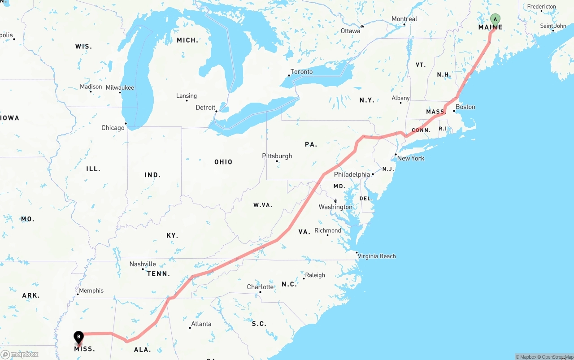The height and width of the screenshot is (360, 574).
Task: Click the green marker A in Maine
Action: click(495, 20)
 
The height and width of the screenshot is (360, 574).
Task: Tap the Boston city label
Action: click(465, 107)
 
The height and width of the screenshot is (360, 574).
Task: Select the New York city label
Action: click(410, 158)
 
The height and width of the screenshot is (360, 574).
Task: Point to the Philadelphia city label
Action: click(352, 174)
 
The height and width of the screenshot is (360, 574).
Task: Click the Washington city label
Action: click(335, 207)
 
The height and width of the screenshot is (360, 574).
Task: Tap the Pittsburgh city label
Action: click(277, 156)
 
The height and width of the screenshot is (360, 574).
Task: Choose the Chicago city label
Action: click(113, 128)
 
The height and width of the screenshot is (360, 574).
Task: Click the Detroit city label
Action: click(205, 108)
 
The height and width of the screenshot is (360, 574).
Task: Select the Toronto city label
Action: click(301, 72)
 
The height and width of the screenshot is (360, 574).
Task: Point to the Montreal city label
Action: click(404, 19)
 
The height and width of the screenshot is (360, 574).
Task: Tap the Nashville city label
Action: click(143, 264)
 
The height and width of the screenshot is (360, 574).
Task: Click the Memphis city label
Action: click(91, 291)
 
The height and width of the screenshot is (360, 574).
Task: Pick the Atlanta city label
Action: click(201, 324)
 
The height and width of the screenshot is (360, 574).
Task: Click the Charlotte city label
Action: click(260, 287)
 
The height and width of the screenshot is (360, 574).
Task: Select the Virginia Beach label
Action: click(377, 256)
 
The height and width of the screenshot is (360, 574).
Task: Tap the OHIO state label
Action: click(223, 162)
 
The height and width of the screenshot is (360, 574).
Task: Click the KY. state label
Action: click(172, 235)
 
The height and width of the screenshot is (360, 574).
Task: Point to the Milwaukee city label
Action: click(120, 87)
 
